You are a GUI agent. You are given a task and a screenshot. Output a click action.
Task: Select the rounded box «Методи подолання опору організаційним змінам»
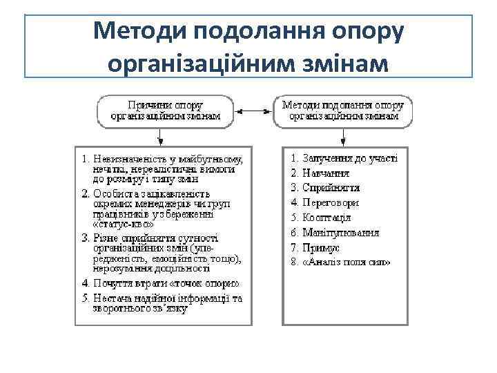click(x=343, y=111)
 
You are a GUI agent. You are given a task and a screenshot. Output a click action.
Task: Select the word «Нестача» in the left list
click(x=110, y=298)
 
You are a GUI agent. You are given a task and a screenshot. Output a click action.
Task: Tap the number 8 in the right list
click(x=294, y=262)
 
